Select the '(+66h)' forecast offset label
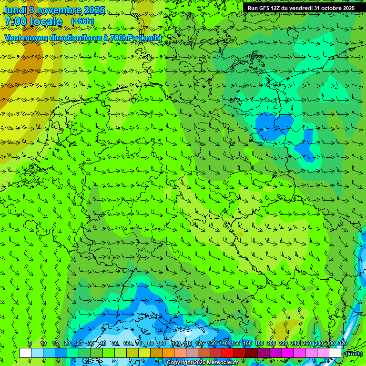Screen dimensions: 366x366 pos(82,21)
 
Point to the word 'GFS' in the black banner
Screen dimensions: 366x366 pos(266,8)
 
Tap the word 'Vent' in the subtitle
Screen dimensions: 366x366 pos(14,38)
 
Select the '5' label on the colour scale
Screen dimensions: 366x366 pos(30,343)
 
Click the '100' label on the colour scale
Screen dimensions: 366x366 pos(176,343)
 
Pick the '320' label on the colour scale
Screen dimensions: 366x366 pos(342,343)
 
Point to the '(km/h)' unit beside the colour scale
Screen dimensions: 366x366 pos(354,354)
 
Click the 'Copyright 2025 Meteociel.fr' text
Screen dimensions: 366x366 pos(202,363)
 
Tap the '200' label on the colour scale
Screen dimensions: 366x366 pos(271,343)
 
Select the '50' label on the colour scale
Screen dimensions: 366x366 pos(114,343)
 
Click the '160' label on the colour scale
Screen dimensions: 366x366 pos(247,343)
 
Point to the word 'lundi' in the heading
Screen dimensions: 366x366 pos(15,10)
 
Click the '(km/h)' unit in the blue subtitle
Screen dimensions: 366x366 pos(150,38)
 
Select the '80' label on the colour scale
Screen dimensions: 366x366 pos(151,343)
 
